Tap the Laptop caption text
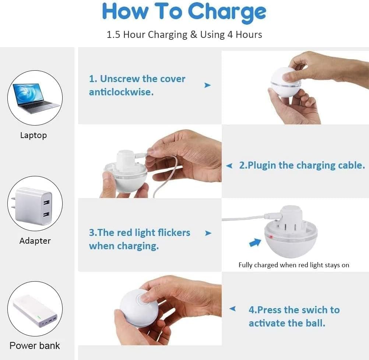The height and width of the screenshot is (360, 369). pyautogui.click(x=33, y=135)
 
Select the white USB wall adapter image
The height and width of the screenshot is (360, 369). pyautogui.click(x=35, y=205)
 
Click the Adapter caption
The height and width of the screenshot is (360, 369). pyautogui.click(x=35, y=241)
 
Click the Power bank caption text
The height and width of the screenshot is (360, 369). pyautogui.click(x=35, y=346)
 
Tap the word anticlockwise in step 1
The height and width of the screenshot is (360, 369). pyautogui.click(x=121, y=92)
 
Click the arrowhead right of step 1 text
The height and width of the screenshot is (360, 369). pyautogui.click(x=208, y=85)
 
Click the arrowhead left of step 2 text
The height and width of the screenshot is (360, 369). pyautogui.click(x=229, y=166)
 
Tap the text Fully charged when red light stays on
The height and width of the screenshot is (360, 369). pyautogui.click(x=294, y=265)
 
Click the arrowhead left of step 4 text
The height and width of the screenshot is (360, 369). pyautogui.click(x=232, y=309)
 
